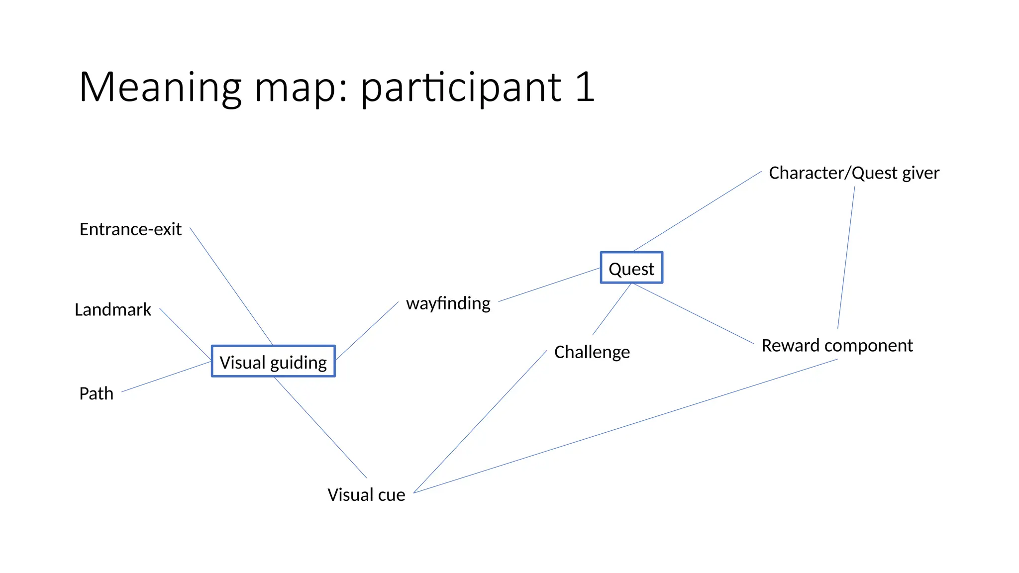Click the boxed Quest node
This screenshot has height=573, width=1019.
coord(631,268)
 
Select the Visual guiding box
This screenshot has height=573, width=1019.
coord(273,362)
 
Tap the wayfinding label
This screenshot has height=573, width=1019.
coord(448,303)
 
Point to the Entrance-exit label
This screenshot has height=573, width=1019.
coord(130,229)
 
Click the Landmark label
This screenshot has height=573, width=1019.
coord(113,309)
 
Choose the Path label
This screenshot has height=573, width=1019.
coord(97,393)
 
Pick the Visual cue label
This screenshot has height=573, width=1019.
coord(366,494)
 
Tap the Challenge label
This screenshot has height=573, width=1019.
coord(592,352)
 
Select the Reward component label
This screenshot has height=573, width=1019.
coord(837,345)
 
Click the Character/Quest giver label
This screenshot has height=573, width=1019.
coord(854,173)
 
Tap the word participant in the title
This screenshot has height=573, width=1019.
coord(461,89)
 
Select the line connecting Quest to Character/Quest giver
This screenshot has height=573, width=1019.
coord(697,211)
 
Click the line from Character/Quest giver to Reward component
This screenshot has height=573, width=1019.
coord(846,257)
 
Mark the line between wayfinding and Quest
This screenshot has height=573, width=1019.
coord(549,285)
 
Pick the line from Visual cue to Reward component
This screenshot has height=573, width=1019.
coord(625,426)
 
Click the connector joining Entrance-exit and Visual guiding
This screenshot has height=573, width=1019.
coord(231,286)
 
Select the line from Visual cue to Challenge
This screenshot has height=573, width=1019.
coord(480,422)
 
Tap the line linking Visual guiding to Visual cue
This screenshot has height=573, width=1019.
coord(320,427)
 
